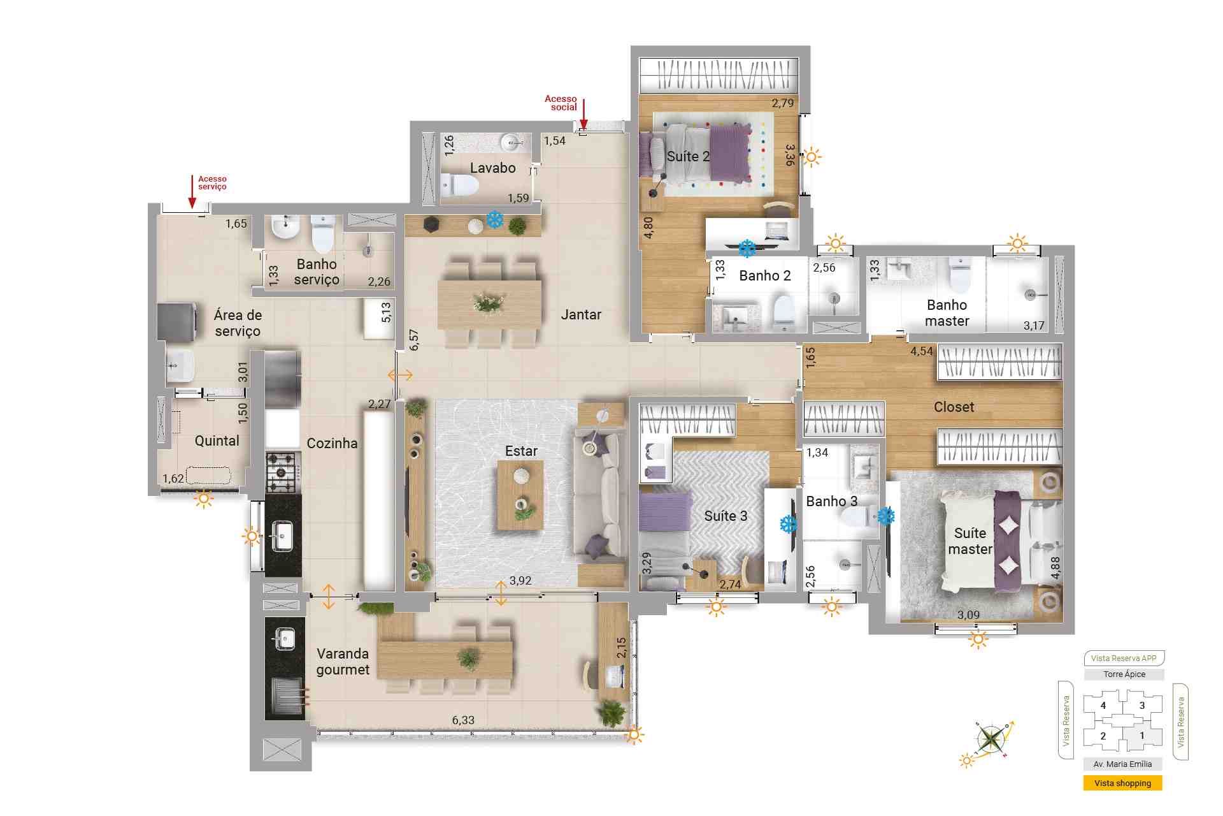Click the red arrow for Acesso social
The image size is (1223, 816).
click(x=583, y=113)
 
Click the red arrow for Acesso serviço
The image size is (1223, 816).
click(x=192, y=192)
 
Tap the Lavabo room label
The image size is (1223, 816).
click(x=492, y=168)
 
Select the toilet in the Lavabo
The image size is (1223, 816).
click(x=459, y=186)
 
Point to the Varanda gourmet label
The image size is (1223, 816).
click(x=343, y=662)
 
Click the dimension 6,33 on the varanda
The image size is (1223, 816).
click(x=463, y=720)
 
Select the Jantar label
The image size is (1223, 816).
click(x=581, y=314)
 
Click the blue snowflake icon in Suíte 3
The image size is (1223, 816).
click(x=789, y=524)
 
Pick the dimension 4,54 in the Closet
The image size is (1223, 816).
click(x=921, y=351)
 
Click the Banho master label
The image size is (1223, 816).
click(x=947, y=313)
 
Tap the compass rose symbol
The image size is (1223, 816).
click(x=991, y=740)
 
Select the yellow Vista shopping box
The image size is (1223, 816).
click(x=1122, y=783)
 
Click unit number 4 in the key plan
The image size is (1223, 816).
click(x=1103, y=706)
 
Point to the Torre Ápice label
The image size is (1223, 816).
click(x=1124, y=674)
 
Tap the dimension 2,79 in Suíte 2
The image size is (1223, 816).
click(x=783, y=103)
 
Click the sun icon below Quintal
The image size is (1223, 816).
click(x=204, y=499)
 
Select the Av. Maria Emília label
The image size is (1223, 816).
click(x=1122, y=764)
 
